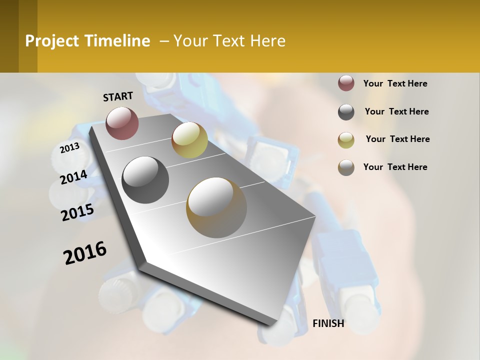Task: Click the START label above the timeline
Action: (118, 96)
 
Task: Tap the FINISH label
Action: (328, 323)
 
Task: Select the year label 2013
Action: (69, 148)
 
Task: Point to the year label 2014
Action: (73, 177)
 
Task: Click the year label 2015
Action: (77, 213)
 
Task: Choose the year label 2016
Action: (85, 253)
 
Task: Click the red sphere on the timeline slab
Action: (122, 123)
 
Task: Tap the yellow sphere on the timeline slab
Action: (189, 140)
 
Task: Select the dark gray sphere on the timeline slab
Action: (145, 179)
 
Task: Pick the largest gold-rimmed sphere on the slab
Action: (216, 207)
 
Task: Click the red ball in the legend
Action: (346, 83)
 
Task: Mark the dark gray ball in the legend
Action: (346, 112)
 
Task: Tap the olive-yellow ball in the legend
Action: (346, 139)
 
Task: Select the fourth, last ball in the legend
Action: (346, 167)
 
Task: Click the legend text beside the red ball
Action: (395, 83)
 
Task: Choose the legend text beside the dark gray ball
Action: (396, 111)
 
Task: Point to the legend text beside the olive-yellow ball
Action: (397, 139)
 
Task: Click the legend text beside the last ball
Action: (395, 167)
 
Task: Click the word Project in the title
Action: (52, 41)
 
